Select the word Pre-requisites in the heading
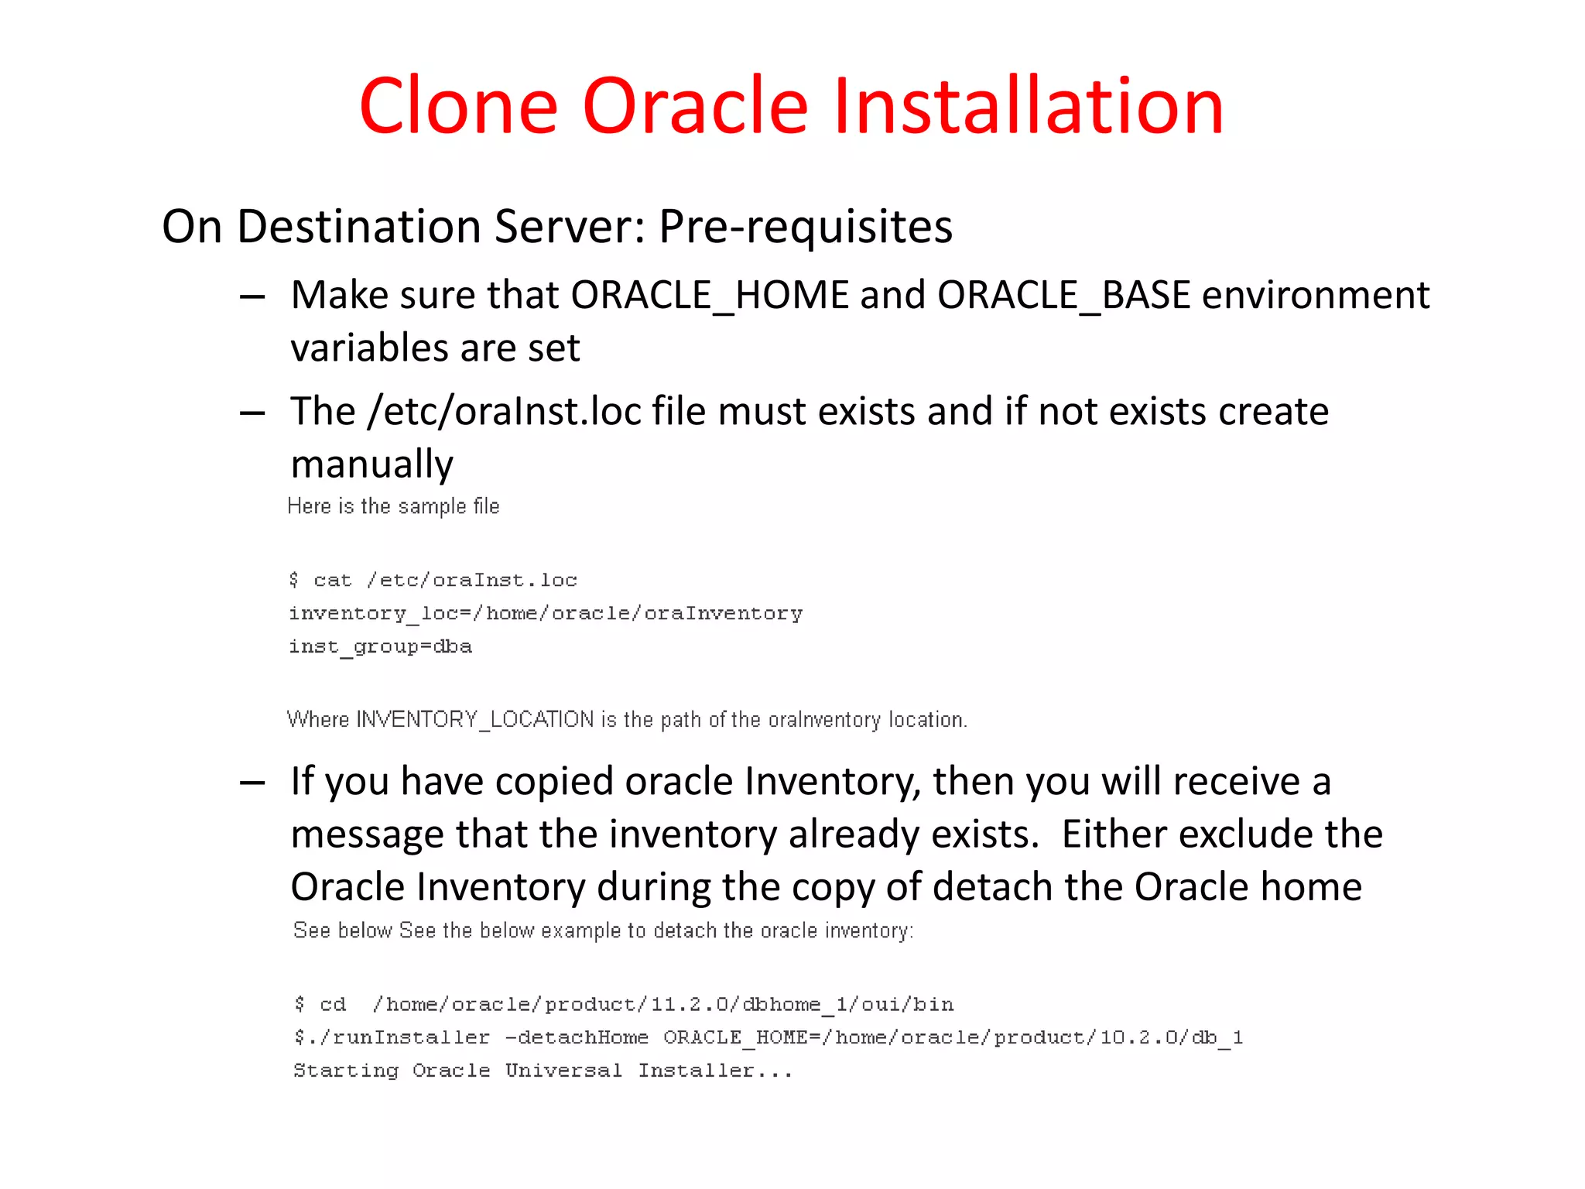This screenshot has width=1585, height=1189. (805, 227)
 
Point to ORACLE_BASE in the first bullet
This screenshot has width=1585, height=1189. (1063, 296)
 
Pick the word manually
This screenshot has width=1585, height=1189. (371, 464)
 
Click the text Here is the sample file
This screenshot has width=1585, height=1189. (393, 506)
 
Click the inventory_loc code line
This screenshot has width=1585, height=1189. (546, 613)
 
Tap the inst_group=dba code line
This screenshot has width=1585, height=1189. (380, 646)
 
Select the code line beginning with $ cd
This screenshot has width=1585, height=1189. (624, 1004)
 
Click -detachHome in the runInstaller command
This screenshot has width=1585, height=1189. (577, 1037)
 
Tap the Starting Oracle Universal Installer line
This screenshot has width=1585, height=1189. (543, 1071)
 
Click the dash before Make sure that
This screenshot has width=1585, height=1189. (252, 297)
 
